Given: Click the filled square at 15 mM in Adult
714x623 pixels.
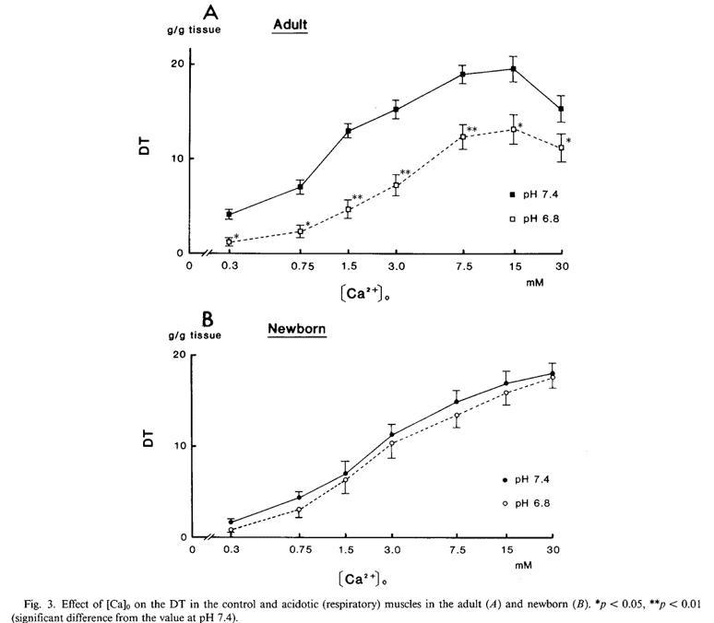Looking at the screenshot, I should pyautogui.click(x=513, y=69).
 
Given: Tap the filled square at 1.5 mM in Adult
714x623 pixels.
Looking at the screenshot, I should pyautogui.click(x=348, y=131).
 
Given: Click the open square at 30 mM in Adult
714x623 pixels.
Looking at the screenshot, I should pyautogui.click(x=562, y=147).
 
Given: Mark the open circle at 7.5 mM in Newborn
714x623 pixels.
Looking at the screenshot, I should pyautogui.click(x=457, y=416).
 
